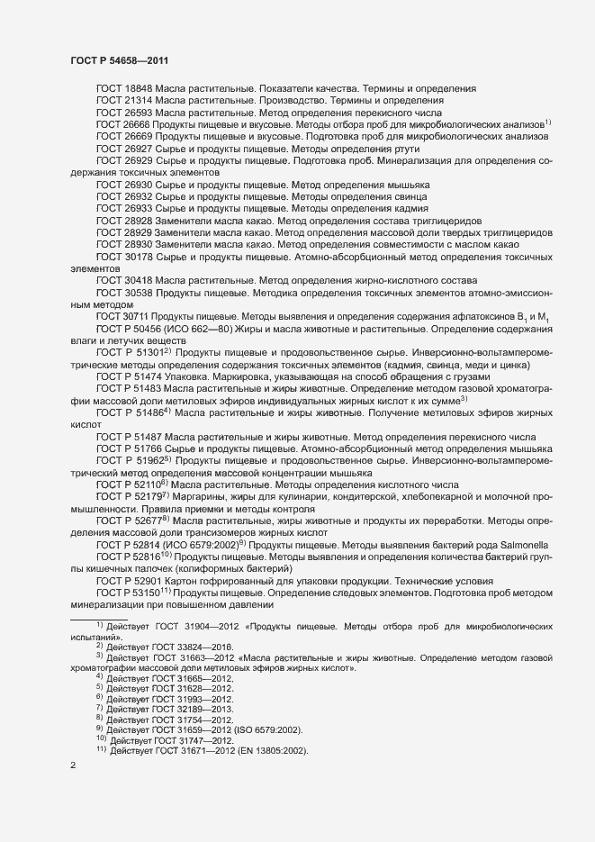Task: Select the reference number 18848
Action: pos(139,88)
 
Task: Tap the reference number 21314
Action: pos(139,101)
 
